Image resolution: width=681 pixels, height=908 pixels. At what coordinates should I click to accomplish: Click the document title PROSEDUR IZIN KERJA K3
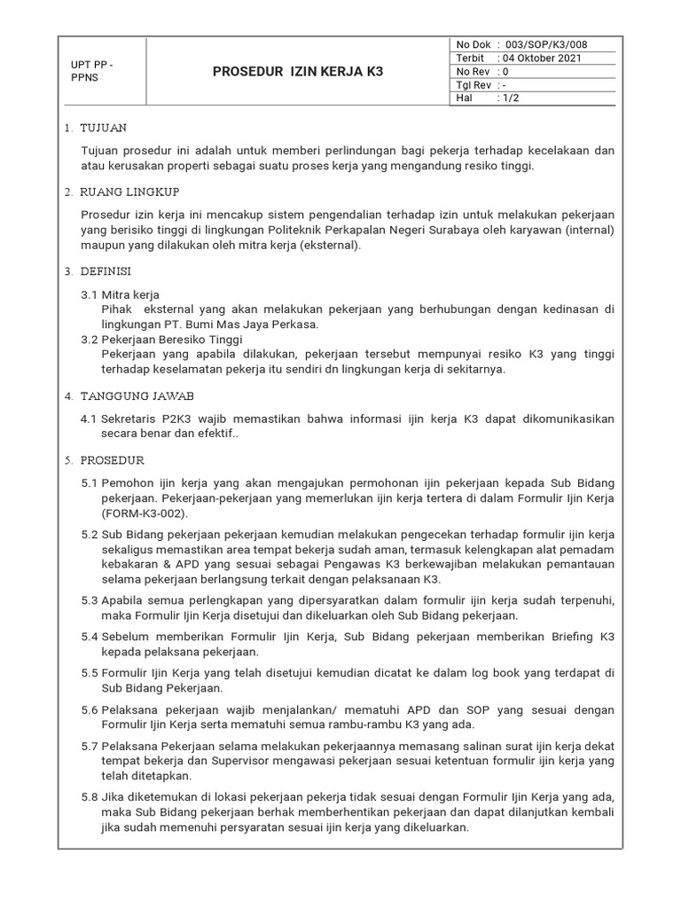[298, 71]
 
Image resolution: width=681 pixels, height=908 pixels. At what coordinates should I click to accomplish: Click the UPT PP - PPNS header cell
[91, 71]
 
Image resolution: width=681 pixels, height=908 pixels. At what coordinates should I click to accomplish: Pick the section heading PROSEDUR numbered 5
[111, 461]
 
